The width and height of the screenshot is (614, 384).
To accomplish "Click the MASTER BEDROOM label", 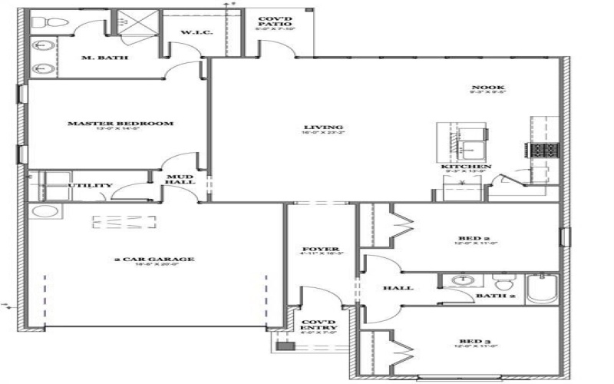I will [120, 123].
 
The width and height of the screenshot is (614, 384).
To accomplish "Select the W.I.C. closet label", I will [191, 33].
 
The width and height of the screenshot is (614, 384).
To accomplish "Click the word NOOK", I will [483, 88].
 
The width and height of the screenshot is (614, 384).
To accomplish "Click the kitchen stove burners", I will [543, 149].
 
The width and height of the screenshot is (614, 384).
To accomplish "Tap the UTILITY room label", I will [90, 185].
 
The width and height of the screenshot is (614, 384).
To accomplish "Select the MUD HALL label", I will [181, 180].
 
